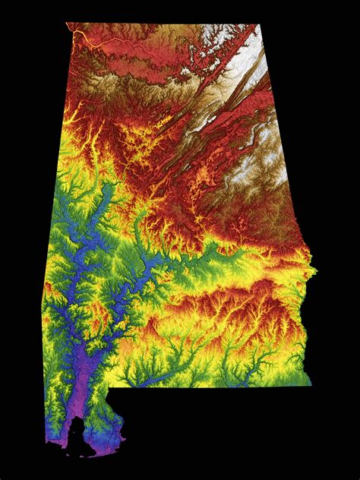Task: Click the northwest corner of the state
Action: [x=67, y=24]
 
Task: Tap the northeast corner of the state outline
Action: [x=260, y=25]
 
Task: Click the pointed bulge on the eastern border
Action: [x=314, y=269]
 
